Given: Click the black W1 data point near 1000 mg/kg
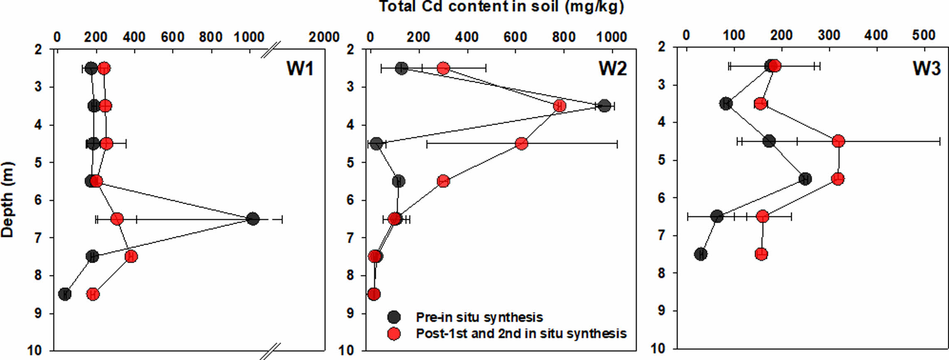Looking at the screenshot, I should pos(252,219).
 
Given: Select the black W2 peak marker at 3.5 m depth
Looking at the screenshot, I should pos(605,106).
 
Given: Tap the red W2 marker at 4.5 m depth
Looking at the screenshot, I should pos(521,143).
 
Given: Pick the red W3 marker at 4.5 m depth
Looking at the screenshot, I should pos(838,141).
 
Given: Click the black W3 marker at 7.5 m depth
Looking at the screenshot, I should pos(701,254).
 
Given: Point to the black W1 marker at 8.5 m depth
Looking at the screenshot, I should pos(64,294).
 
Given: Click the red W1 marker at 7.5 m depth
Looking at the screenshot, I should pos(131,256).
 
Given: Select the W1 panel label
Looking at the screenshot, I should pos(300,68).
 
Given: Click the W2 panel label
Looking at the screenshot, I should pos(612,68).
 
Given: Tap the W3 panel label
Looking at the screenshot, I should pos(926,68).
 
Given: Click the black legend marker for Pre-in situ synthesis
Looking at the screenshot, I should pos(394,317).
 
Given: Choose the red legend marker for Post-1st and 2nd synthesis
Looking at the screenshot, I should pos(394,333).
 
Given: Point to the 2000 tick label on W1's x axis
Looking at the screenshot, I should pos(324,37).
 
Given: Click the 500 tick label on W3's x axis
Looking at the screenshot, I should pos(924,35).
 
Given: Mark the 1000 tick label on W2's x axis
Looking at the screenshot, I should pos(611,37).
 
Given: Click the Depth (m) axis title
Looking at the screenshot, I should pos(7,200).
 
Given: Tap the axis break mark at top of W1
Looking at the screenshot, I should pos(271,49).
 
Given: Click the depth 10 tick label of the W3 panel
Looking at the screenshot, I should pos(658,348).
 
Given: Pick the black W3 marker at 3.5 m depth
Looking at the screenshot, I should pos(726,104).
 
